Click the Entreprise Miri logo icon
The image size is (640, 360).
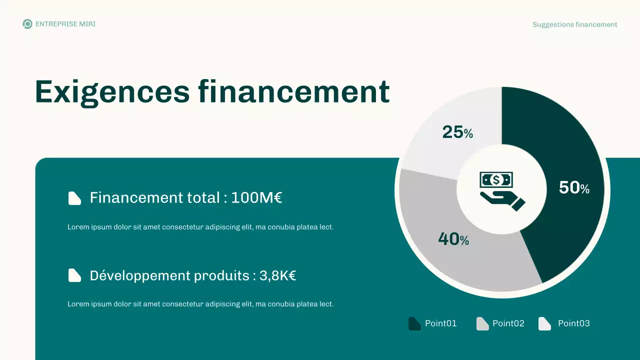point(27,24)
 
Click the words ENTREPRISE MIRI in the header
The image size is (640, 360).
point(65,24)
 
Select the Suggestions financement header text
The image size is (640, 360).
point(574,24)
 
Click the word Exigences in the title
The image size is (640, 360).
point(112,92)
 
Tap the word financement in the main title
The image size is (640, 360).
point(293,92)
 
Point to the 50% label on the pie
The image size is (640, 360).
point(573,188)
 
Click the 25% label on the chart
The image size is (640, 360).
point(457,132)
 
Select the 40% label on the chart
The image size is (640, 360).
point(453,239)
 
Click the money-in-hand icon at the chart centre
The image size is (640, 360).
point(501,190)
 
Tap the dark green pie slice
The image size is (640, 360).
point(555,150)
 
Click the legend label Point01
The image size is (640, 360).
point(440,323)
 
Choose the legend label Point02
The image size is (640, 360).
point(508,323)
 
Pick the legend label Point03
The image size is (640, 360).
point(573,323)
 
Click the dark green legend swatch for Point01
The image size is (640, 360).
point(414,323)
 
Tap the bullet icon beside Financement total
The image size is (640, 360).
point(74,198)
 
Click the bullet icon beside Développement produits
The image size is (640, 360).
point(74,275)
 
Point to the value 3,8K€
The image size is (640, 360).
point(277,275)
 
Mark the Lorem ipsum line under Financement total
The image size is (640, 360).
point(200,227)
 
